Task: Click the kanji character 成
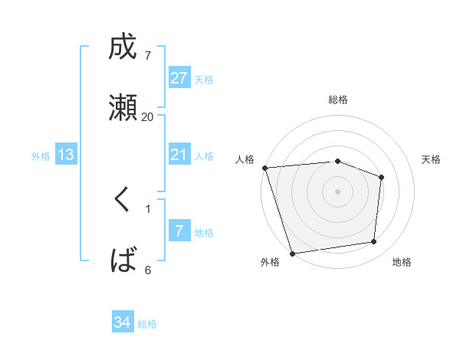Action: [123, 48]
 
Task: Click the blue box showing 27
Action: [179, 78]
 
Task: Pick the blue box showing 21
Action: [179, 155]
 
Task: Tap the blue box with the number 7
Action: [179, 231]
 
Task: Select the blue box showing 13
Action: [66, 155]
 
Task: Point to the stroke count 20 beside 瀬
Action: [148, 116]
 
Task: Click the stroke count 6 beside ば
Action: [148, 270]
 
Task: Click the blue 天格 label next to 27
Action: [204, 79]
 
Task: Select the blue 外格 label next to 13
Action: [41, 156]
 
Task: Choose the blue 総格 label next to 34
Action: [147, 324]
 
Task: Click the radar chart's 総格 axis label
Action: [338, 100]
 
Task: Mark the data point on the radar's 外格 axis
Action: [292, 253]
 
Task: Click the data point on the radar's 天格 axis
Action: [381, 178]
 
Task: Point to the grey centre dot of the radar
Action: [338, 191]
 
